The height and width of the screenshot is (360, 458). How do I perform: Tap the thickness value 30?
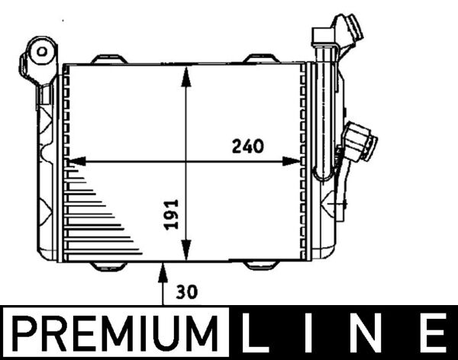[x=185, y=291]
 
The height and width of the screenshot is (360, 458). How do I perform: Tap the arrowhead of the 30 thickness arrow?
[x=163, y=267]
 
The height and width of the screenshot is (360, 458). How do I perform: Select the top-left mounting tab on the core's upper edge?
[x=106, y=58]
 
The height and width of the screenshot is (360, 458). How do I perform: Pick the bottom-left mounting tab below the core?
[x=106, y=265]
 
